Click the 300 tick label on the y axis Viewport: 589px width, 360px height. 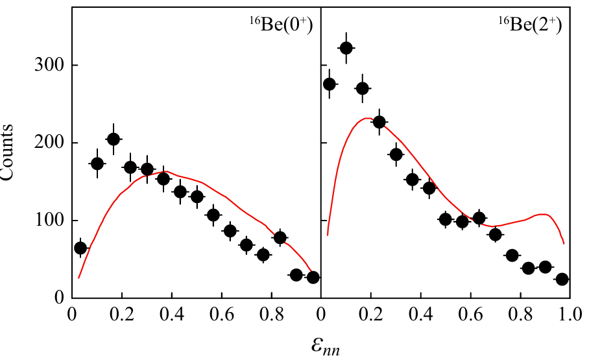(x=48, y=66)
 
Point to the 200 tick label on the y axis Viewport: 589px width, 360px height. (x=48, y=143)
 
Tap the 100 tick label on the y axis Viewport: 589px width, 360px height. (x=48, y=221)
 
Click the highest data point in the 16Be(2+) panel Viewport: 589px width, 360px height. (x=346, y=48)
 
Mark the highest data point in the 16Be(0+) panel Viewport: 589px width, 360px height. (x=114, y=139)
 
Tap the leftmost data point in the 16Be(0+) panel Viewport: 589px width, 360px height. (x=80, y=248)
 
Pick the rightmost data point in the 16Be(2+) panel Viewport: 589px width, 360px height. (x=562, y=279)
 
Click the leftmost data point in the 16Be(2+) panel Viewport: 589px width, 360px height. (x=329, y=84)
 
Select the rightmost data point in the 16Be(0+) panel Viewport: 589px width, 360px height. (x=313, y=277)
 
